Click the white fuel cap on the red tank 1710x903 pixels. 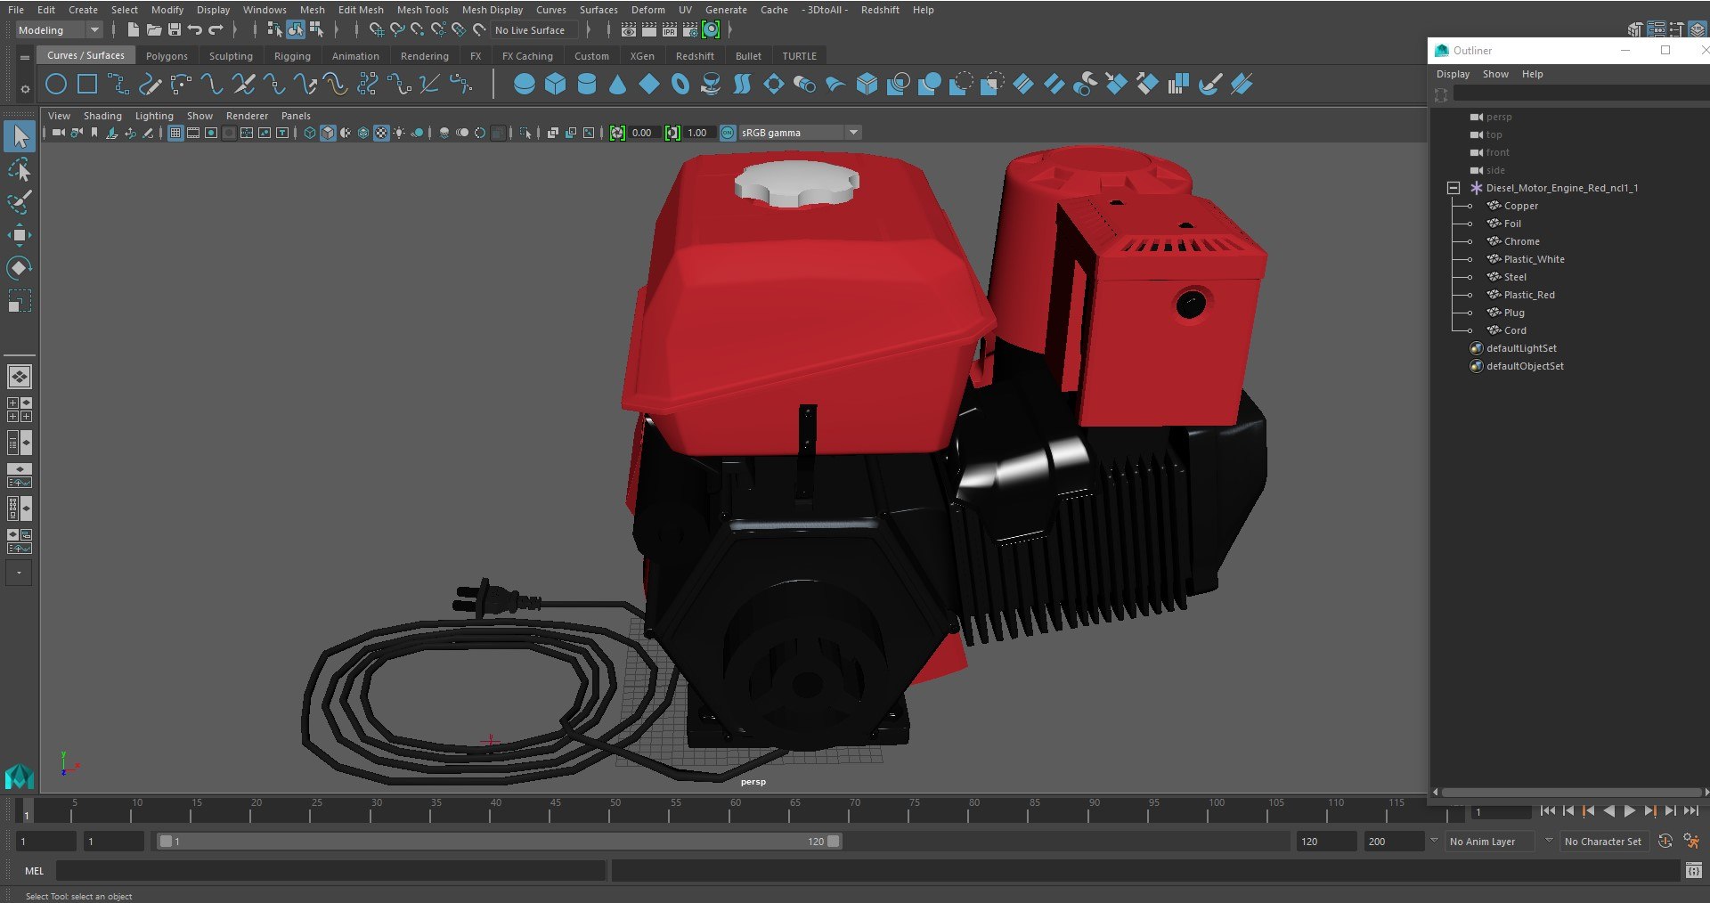(x=795, y=183)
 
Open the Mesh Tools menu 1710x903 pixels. (x=422, y=10)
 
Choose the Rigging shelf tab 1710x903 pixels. (x=292, y=56)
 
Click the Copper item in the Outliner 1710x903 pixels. (x=1520, y=206)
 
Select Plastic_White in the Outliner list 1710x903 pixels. (x=1534, y=259)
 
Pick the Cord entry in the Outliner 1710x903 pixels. (x=1514, y=330)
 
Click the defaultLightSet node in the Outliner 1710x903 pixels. (x=1521, y=348)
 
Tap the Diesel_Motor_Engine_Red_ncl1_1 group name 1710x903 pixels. (x=1561, y=188)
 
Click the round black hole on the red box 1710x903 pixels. (x=1191, y=305)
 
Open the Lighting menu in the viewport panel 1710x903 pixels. (x=154, y=116)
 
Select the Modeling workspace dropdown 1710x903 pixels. (x=59, y=30)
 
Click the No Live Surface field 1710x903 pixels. (x=532, y=30)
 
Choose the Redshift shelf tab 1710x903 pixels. (x=695, y=56)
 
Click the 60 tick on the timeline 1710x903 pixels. (x=736, y=803)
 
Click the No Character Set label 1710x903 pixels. (x=1602, y=842)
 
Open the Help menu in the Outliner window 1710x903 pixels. (x=1532, y=74)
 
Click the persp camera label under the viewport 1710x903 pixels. (x=753, y=782)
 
